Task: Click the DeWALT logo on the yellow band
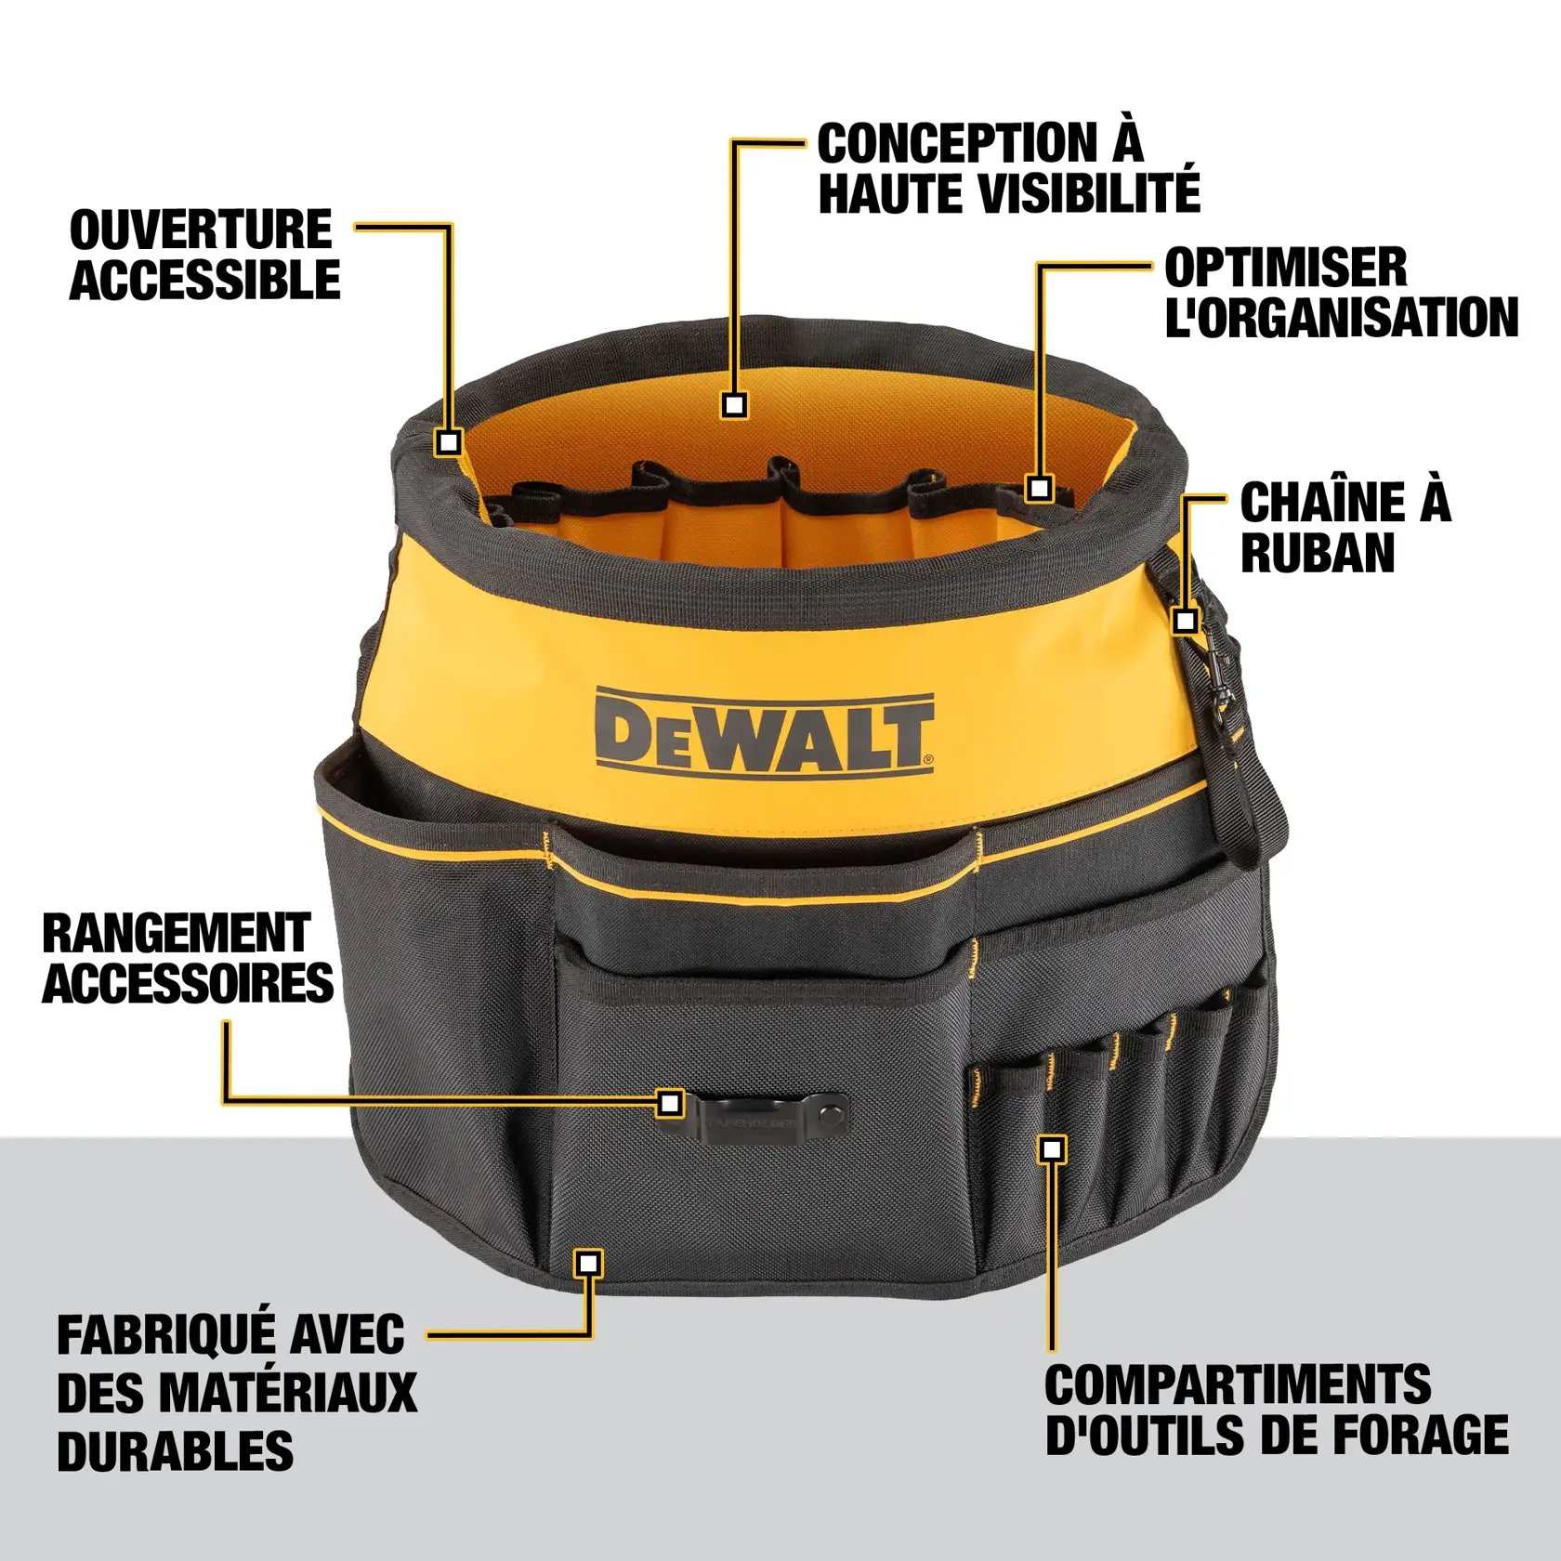tap(764, 732)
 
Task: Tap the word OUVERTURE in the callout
tap(201, 230)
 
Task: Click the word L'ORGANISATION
tap(1341, 318)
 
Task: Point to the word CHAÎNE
tap(1316, 503)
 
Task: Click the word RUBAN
tap(1318, 554)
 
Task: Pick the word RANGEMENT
tap(177, 934)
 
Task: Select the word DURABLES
tap(175, 1450)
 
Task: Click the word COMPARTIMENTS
tap(1238, 1385)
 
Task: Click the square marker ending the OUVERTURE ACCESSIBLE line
tap(449, 442)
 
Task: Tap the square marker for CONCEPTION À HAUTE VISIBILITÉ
tap(734, 405)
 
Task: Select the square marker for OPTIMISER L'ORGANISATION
tap(1040, 488)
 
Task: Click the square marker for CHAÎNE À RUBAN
tap(1185, 620)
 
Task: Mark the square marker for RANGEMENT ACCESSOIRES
tap(670, 1103)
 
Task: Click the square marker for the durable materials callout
tap(588, 1263)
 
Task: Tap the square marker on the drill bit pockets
tap(1052, 1149)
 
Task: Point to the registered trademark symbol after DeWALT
tap(927, 759)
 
